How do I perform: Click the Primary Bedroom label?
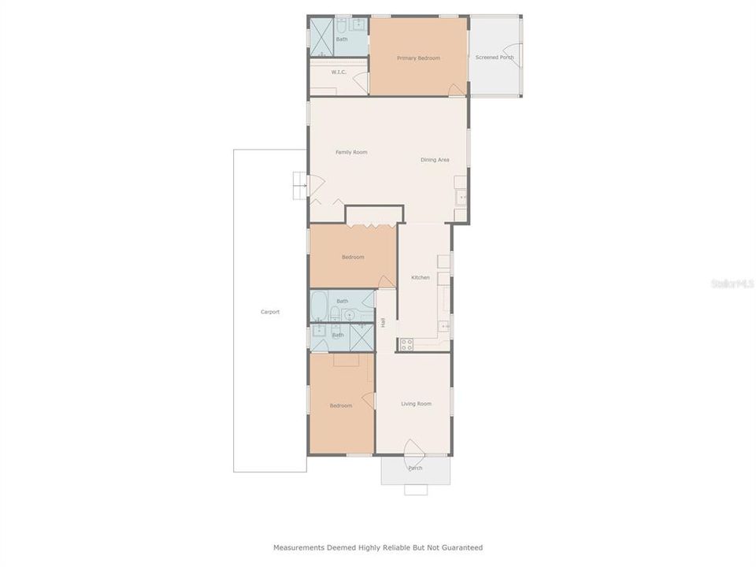(x=418, y=57)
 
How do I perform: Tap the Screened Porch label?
(x=495, y=57)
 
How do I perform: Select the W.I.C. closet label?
(x=339, y=72)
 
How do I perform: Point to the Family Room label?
(x=351, y=152)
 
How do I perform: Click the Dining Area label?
(x=435, y=160)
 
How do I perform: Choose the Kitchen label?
(x=421, y=278)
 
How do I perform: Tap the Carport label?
(x=270, y=312)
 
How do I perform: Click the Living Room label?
(x=416, y=403)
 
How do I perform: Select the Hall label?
(x=383, y=323)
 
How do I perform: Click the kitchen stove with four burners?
(x=406, y=344)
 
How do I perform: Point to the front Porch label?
(x=415, y=468)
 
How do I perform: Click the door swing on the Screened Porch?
(x=513, y=55)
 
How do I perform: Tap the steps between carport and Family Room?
(x=300, y=186)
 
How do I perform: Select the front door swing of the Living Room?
(x=414, y=447)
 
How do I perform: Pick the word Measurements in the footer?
(x=299, y=548)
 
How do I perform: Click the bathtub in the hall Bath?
(x=318, y=306)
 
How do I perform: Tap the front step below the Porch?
(x=416, y=490)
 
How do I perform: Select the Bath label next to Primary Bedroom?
(x=342, y=39)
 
